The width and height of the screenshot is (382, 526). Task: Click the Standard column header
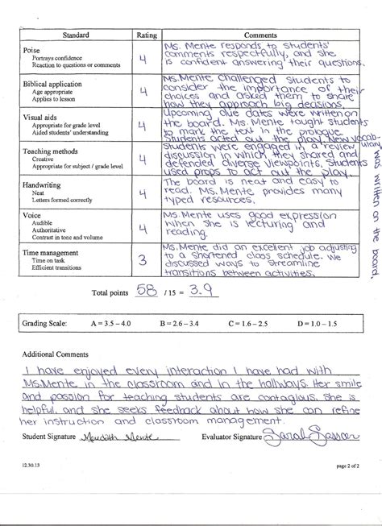(x=76, y=35)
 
